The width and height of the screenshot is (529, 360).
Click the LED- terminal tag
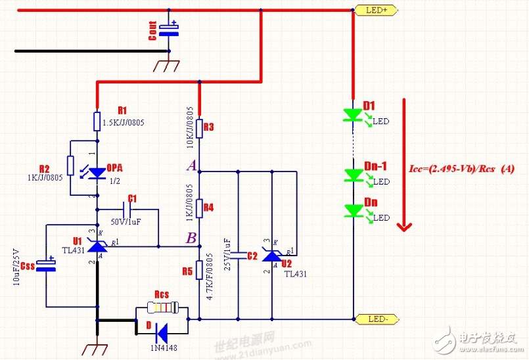375,320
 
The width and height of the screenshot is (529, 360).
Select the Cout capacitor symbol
170,30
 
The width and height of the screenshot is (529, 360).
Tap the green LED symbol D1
354,115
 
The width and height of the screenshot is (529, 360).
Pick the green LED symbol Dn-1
354,174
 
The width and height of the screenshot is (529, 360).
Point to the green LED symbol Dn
354,210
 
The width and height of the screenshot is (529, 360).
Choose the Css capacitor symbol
45,266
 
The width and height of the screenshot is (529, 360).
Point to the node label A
191,166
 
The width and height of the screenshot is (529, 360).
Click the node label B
191,238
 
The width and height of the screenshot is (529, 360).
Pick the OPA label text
114,167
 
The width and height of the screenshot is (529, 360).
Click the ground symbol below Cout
170,64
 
